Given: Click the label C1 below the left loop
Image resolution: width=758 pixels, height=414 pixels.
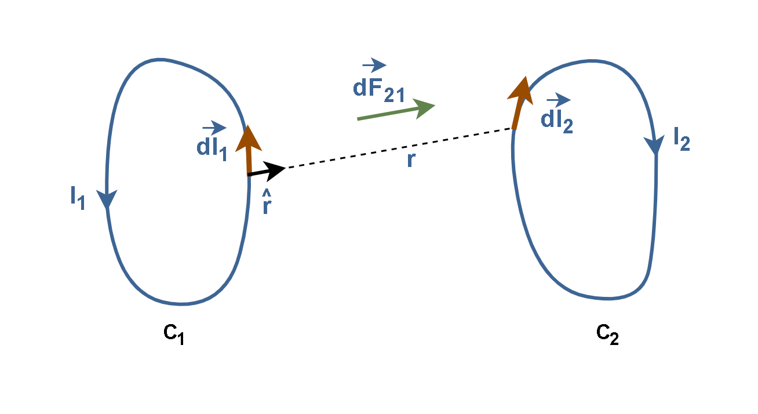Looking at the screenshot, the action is [x=174, y=334].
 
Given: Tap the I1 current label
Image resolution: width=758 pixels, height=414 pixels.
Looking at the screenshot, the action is [x=77, y=198].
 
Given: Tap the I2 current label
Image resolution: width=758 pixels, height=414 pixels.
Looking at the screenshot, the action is [x=682, y=139].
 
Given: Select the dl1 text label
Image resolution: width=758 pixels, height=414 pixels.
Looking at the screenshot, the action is [x=212, y=148].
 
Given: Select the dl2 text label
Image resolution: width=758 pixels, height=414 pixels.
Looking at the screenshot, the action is [x=557, y=121].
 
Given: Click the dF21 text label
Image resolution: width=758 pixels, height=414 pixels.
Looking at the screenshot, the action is [x=378, y=90].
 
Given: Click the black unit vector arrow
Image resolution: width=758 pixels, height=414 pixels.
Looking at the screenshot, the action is [x=267, y=171].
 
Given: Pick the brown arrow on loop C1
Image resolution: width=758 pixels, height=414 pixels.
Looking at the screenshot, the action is [x=249, y=150].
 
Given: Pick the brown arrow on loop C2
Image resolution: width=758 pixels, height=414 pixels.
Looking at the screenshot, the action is [x=520, y=103].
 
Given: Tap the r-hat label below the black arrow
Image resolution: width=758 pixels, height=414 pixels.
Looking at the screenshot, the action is [x=267, y=202].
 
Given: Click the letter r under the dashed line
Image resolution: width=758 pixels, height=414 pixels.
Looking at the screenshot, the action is [x=410, y=160].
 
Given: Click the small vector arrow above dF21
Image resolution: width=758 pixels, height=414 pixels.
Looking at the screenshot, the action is [x=374, y=65].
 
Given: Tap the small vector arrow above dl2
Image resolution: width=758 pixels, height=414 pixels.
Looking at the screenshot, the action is [x=559, y=100].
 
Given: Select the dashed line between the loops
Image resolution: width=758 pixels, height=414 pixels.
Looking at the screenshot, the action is [x=399, y=148].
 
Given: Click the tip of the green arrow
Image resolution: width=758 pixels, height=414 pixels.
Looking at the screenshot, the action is [x=435, y=105].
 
